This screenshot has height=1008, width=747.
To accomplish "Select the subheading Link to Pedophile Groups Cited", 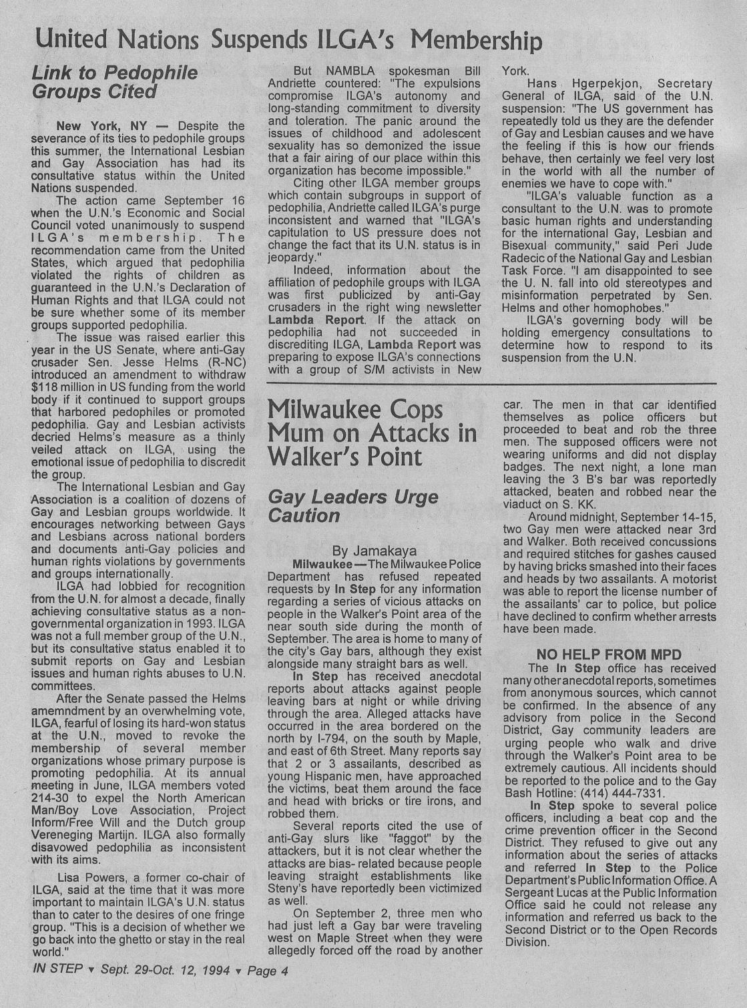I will coord(115,82).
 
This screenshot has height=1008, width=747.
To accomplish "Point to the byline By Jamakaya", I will coord(374,551).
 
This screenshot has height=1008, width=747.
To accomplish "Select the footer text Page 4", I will coord(268,971).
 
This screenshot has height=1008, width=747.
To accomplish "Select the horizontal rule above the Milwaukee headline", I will coord(491,383).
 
